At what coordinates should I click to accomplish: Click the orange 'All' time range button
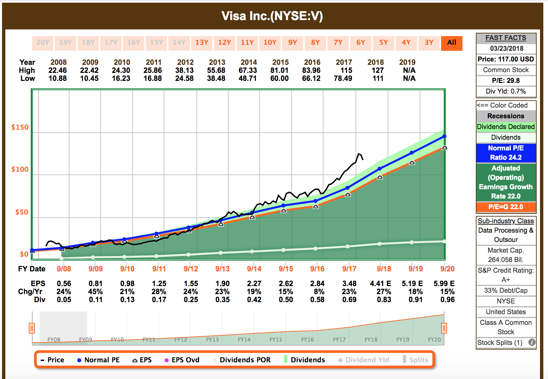pos(451,43)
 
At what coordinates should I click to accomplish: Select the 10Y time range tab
pos(270,43)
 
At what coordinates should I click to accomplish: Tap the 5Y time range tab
pos(384,43)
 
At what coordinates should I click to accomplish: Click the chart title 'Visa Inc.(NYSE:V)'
pos(272,16)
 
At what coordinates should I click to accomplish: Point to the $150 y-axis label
pos(20,127)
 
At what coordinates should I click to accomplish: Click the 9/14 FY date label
pos(254,269)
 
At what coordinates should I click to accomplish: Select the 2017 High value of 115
pos(346,71)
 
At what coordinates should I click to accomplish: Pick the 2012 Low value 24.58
pos(184,79)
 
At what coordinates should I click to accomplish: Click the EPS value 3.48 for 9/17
pos(349,284)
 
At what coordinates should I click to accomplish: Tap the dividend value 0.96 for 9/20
pos(447,300)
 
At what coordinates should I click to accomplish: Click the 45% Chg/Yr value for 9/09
pos(95,292)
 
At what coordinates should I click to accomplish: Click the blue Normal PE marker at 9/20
pos(444,136)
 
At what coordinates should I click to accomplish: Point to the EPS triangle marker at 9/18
pos(380,177)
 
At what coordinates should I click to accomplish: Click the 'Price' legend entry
pos(52,360)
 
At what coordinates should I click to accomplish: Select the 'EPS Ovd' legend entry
pos(182,360)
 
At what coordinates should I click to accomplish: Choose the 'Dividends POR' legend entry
pos(242,360)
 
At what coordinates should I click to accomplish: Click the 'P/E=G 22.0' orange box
pos(506,207)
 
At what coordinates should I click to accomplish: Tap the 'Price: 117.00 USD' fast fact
pos(506,59)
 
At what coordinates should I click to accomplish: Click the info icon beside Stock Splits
pos(532,343)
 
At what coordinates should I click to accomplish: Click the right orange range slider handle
pos(444,328)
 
